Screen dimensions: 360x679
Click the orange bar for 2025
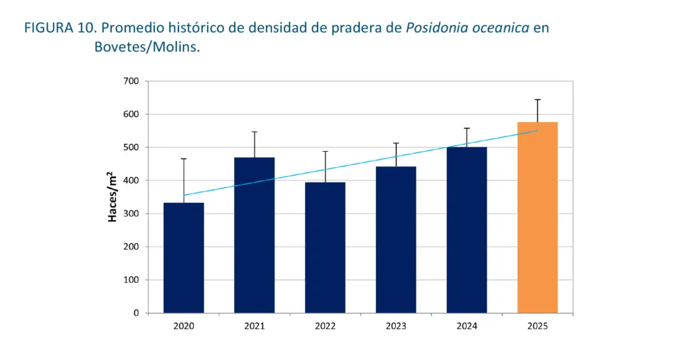[537, 217]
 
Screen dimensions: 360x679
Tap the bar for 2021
[255, 235]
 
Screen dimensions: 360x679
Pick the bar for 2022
[325, 247]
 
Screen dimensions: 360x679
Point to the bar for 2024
[467, 229]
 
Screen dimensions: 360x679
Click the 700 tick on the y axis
[130, 81]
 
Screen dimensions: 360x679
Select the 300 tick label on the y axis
[130, 213]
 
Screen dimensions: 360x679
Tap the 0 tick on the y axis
[135, 313]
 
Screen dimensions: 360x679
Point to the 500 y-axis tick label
[130, 147]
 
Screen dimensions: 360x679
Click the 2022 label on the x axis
[325, 326]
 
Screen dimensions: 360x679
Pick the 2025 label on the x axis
[537, 326]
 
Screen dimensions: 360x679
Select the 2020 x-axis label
[184, 326]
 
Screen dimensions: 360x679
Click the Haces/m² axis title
[113, 196]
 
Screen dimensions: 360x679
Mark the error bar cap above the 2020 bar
[184, 159]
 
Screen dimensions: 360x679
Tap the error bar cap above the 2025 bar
[537, 99]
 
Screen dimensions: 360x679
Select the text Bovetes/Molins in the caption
[147, 48]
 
